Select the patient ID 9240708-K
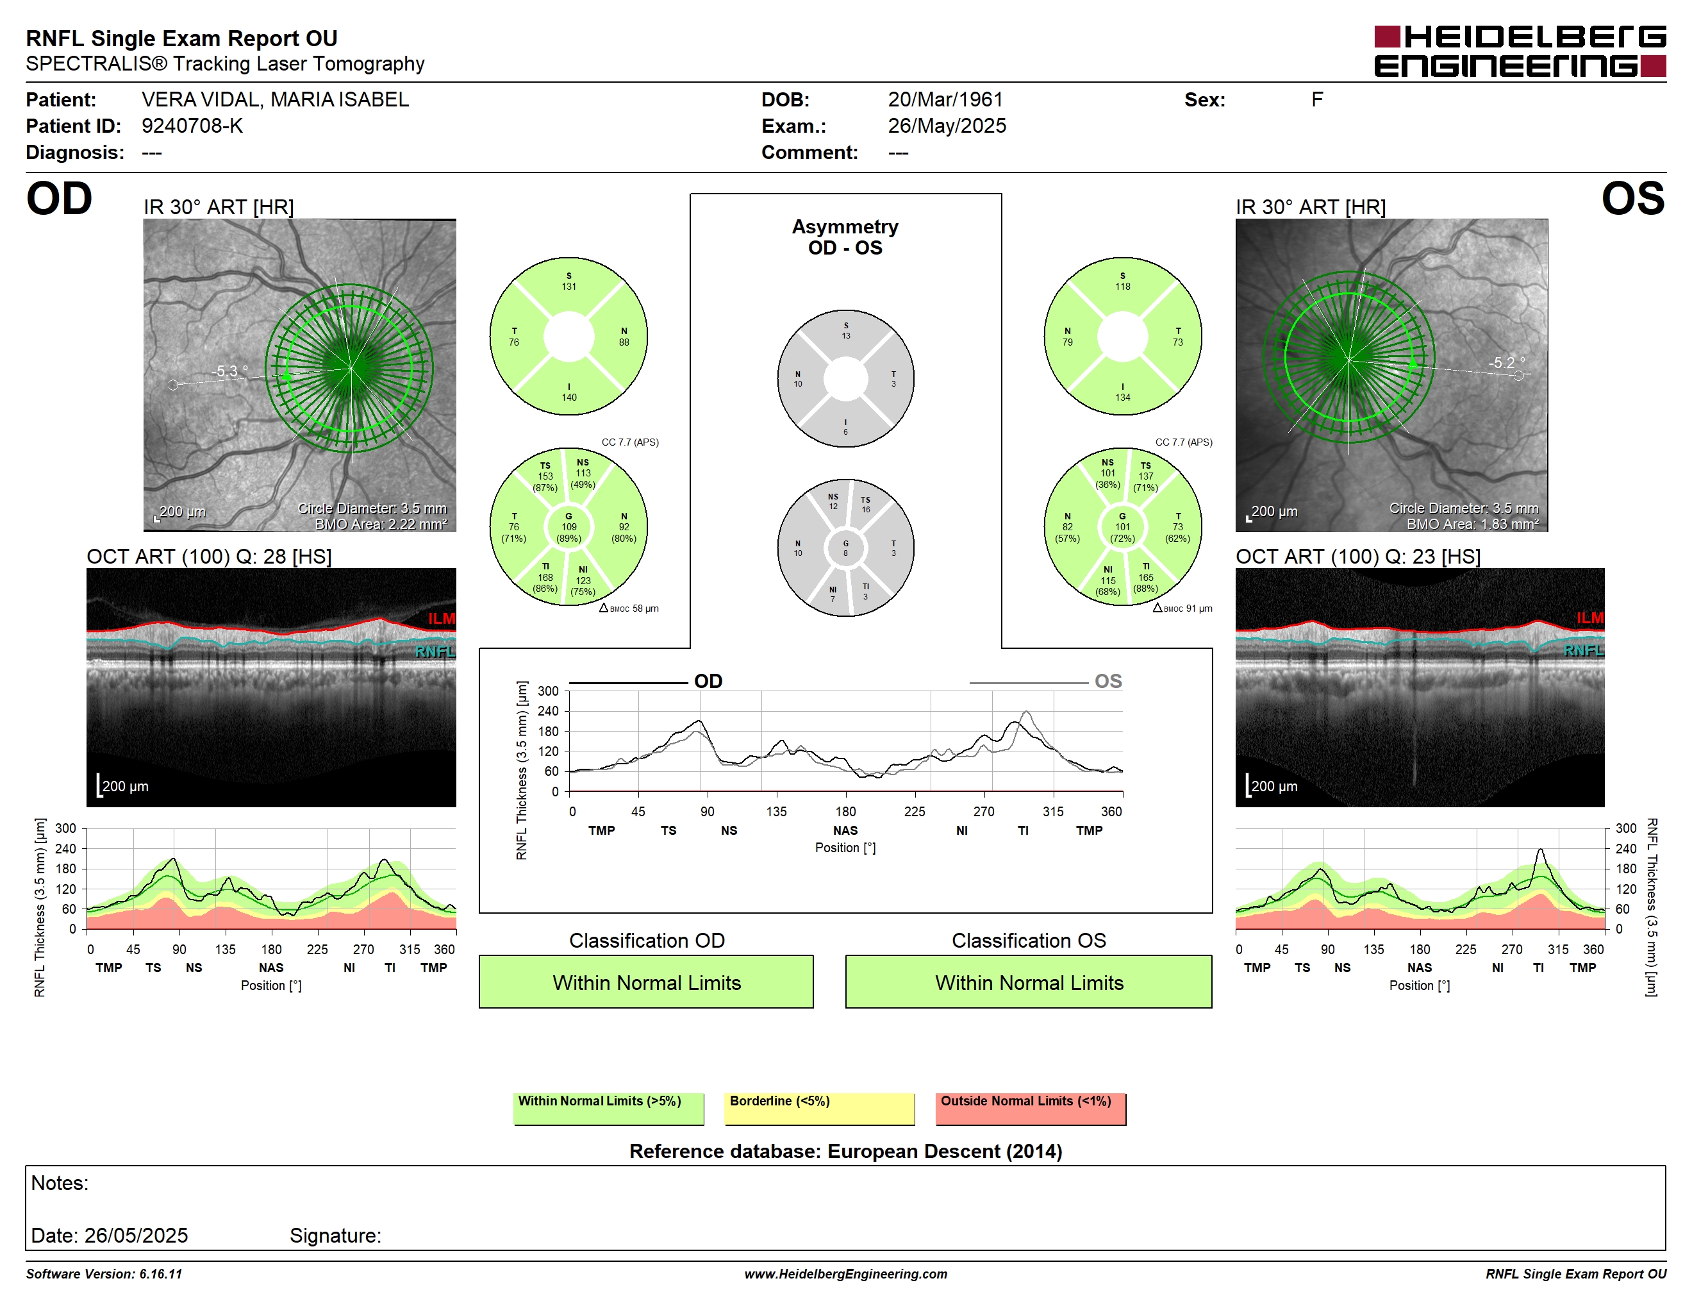(192, 126)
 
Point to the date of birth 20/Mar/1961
(945, 99)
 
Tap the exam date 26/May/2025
(947, 126)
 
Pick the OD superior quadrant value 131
(568, 287)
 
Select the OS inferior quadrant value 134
(1123, 398)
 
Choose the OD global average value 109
(568, 527)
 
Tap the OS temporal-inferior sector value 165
(1146, 577)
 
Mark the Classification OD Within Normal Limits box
(646, 982)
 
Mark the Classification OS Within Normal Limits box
(1029, 982)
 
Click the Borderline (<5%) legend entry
(820, 1108)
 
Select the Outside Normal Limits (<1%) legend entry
(1031, 1108)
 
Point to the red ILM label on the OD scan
(442, 618)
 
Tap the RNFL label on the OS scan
(1584, 650)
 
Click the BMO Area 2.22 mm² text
(381, 524)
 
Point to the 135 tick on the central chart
(776, 811)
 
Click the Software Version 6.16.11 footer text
(104, 1274)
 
